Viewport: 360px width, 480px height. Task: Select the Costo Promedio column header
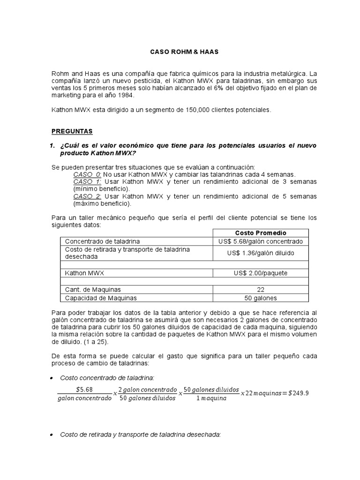tap(261, 233)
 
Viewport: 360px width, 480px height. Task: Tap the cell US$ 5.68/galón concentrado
tap(261, 241)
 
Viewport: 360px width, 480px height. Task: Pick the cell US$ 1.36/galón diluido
tap(261, 254)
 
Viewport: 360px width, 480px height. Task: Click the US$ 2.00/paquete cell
tap(261, 273)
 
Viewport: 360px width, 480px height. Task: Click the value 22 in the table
tap(261, 290)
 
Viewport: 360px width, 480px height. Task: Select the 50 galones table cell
tap(261, 298)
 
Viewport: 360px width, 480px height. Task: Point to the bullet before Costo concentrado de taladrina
tap(51, 378)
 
